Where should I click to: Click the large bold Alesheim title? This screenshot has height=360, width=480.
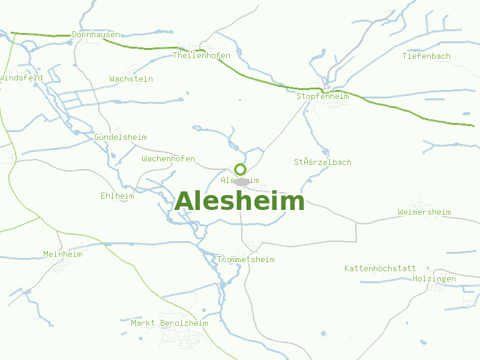click(239, 202)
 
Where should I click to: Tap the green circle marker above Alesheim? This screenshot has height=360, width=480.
click(241, 169)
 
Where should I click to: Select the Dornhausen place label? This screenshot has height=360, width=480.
click(96, 35)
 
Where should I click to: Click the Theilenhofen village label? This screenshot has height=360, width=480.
click(202, 56)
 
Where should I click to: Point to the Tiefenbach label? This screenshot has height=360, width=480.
click(427, 56)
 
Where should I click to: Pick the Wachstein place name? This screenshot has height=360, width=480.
click(131, 79)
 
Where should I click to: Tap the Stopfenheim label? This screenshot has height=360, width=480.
click(323, 97)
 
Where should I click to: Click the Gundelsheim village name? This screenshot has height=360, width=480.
click(121, 137)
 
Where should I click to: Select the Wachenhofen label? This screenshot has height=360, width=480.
click(168, 159)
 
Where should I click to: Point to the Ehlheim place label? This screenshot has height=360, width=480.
click(118, 196)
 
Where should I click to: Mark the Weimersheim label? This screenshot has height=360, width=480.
click(424, 212)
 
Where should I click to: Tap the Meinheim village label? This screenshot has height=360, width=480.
click(62, 254)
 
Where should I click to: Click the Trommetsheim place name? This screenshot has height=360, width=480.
click(245, 260)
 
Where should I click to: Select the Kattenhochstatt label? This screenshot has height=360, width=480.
click(380, 268)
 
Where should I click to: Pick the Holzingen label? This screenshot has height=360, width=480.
click(434, 279)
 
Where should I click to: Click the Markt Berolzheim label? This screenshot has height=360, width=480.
click(169, 323)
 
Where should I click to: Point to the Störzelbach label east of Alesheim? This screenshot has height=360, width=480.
click(323, 163)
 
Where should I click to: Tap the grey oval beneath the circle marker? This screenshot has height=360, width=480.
click(242, 181)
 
